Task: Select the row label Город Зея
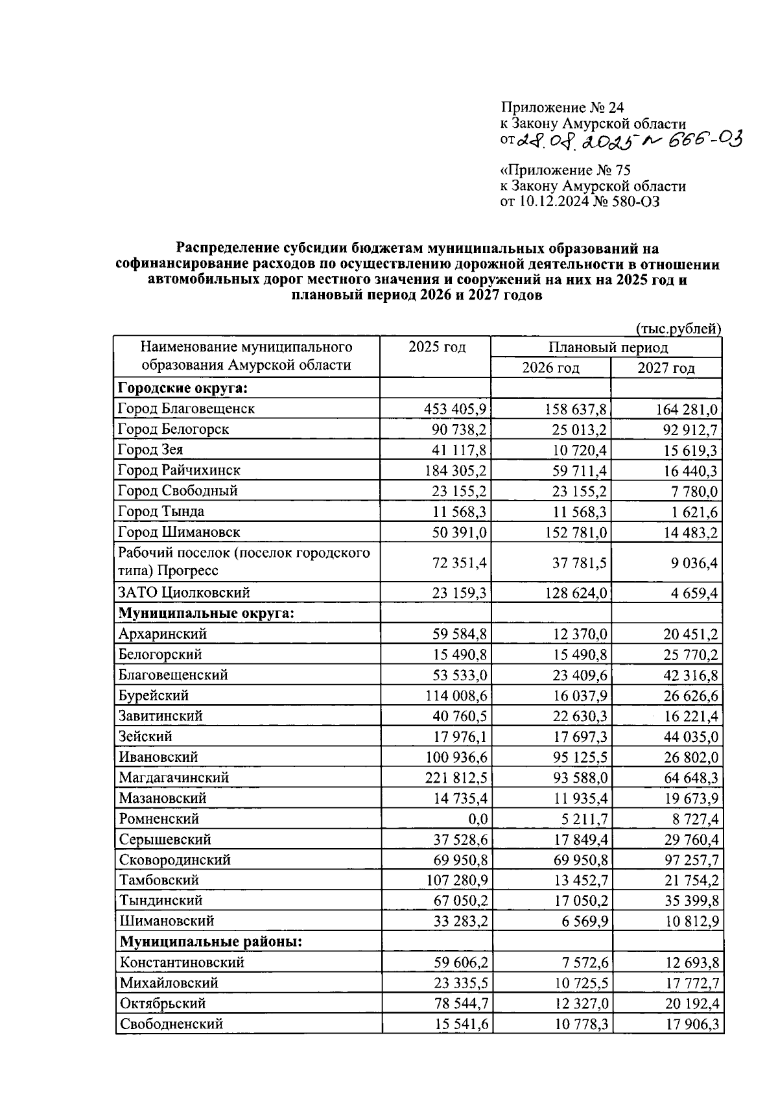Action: point(150,450)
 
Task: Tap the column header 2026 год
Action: point(550,368)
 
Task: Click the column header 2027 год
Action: point(666,368)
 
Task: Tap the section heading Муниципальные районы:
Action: point(211,941)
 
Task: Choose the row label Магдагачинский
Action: point(174,777)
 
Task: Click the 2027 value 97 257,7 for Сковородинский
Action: point(687,860)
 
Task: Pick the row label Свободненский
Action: point(171,1024)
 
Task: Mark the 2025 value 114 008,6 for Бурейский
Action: point(455,696)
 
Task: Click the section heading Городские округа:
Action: point(183,388)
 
